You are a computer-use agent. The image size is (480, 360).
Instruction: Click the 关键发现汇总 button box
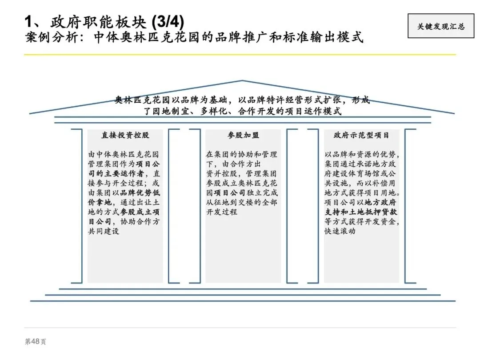pyautogui.click(x=441, y=26)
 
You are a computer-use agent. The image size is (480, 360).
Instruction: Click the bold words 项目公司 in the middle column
pyautogui.click(x=230, y=193)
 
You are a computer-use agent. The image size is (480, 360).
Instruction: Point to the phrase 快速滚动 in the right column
pyautogui.click(x=340, y=232)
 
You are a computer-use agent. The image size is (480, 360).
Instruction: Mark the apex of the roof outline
pyautogui.click(x=242, y=81)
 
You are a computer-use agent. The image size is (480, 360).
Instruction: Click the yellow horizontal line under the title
pyautogui.click(x=240, y=55)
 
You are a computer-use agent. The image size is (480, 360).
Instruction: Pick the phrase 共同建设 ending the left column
pyautogui.click(x=104, y=232)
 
